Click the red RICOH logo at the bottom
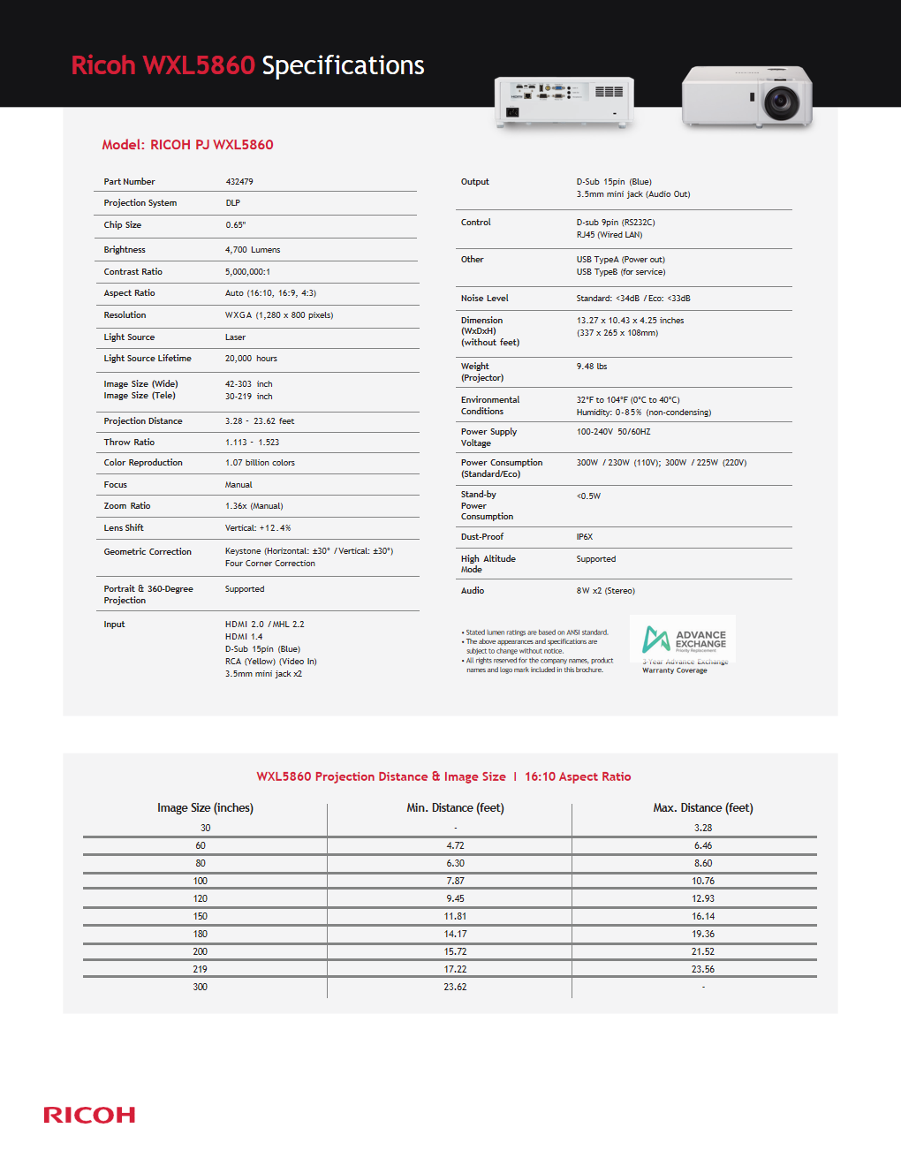click(89, 1115)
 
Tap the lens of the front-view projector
click(781, 102)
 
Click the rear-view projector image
click(564, 101)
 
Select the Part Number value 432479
click(239, 182)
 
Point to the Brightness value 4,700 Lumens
click(253, 250)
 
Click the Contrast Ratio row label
click(133, 272)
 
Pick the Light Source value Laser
click(235, 337)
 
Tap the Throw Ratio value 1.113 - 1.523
click(252, 443)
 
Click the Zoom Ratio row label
click(127, 506)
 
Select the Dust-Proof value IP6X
click(585, 537)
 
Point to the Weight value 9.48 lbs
click(592, 367)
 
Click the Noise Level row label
click(485, 299)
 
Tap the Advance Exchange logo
click(684, 639)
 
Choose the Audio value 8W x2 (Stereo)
click(606, 591)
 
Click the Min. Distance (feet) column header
click(455, 808)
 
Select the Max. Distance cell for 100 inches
click(703, 881)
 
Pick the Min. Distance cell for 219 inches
click(455, 969)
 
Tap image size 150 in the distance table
click(201, 916)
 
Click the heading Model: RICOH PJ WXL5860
click(187, 145)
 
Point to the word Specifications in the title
click(343, 65)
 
